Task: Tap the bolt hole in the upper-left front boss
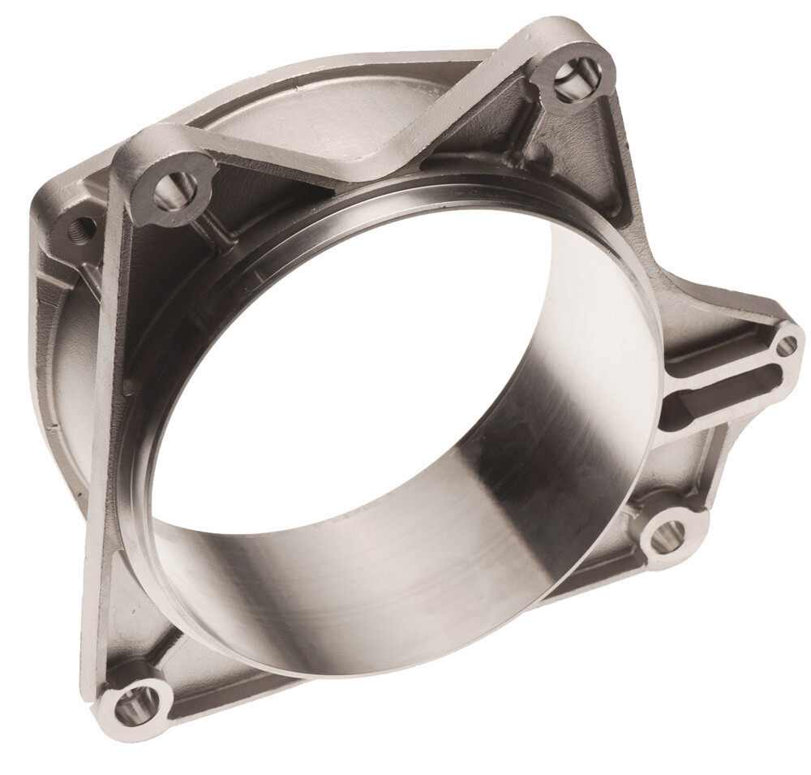[174, 190]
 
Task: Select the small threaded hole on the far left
[81, 228]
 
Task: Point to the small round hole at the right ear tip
[786, 346]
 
